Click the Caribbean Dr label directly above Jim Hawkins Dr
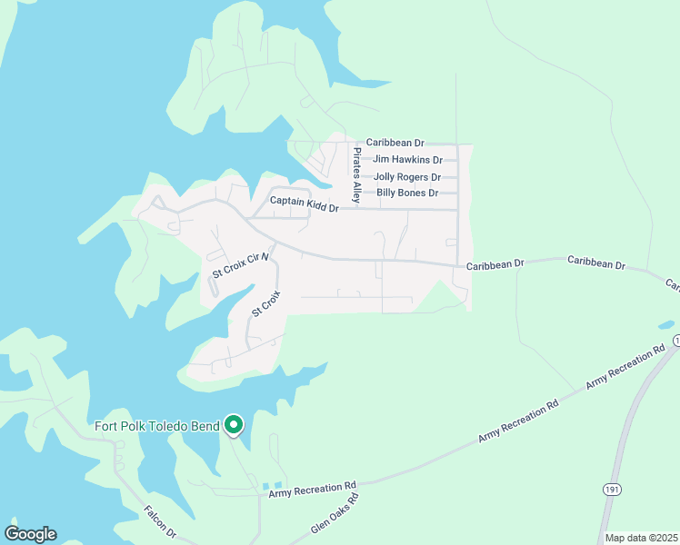pyautogui.click(x=395, y=144)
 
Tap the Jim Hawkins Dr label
pyautogui.click(x=406, y=160)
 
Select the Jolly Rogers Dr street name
pyautogui.click(x=407, y=177)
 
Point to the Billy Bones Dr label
pyautogui.click(x=407, y=193)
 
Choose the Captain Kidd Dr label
pyautogui.click(x=304, y=204)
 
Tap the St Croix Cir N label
pyautogui.click(x=242, y=265)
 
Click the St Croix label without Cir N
pyautogui.click(x=265, y=302)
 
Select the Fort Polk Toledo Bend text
pyautogui.click(x=156, y=425)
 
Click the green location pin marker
pyautogui.click(x=234, y=424)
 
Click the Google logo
pyautogui.click(x=30, y=534)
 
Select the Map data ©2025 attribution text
pyautogui.click(x=640, y=538)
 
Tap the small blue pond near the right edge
pyautogui.click(x=666, y=324)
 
